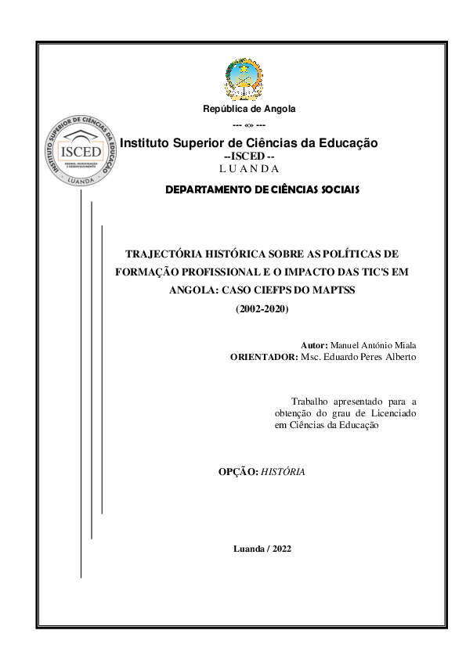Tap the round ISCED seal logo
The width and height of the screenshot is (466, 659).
click(x=83, y=149)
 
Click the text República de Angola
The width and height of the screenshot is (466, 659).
click(x=249, y=109)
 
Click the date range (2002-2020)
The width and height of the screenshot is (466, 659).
click(x=262, y=310)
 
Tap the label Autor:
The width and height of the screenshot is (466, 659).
click(x=315, y=345)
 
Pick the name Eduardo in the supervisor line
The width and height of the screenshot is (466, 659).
click(x=350, y=358)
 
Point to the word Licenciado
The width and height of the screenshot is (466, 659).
click(x=392, y=412)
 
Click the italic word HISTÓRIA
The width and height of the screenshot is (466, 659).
click(x=283, y=472)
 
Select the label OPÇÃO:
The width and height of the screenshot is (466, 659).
click(x=237, y=472)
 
